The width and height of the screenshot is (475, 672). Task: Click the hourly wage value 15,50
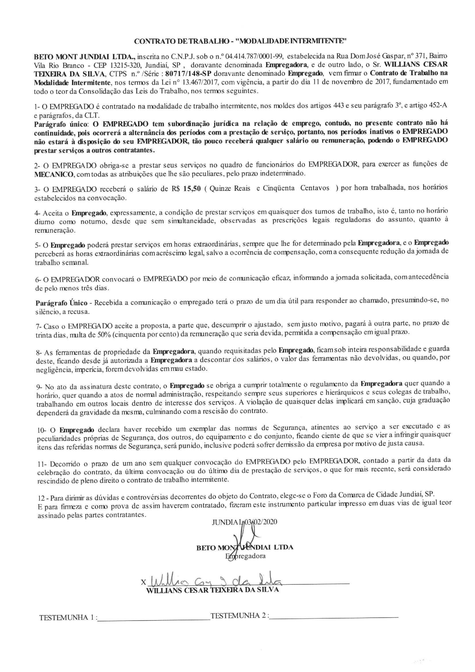[192, 189]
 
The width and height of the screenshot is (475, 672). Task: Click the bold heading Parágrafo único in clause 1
[61, 124]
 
